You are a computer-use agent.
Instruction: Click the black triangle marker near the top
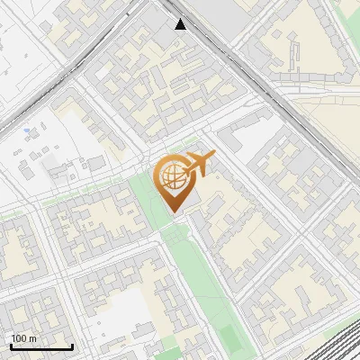pyautogui.click(x=181, y=23)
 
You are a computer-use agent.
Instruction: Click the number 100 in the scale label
pyautogui.click(x=21, y=338)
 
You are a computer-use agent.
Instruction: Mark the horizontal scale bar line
pyautogui.click(x=41, y=347)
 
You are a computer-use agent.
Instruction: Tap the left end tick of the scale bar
pyautogui.click(x=11, y=346)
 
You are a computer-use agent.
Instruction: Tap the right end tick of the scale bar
pyautogui.click(x=72, y=346)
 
